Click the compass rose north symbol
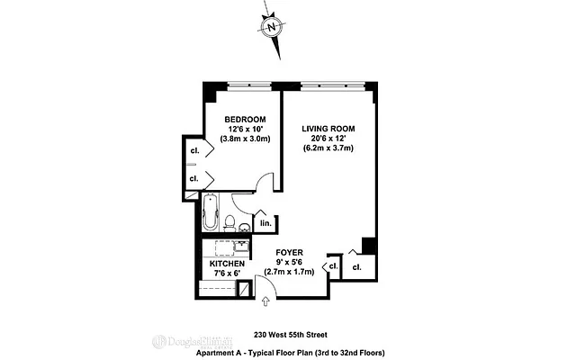[x=272, y=26]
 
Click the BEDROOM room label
[x=245, y=120]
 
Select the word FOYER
[x=289, y=253]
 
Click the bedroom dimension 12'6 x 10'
[x=245, y=130]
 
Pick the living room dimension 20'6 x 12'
[x=328, y=139]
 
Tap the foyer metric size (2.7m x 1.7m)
[x=289, y=272]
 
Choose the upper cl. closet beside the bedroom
[x=193, y=149]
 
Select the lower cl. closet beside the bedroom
[x=193, y=179]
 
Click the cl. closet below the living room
[x=356, y=268]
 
